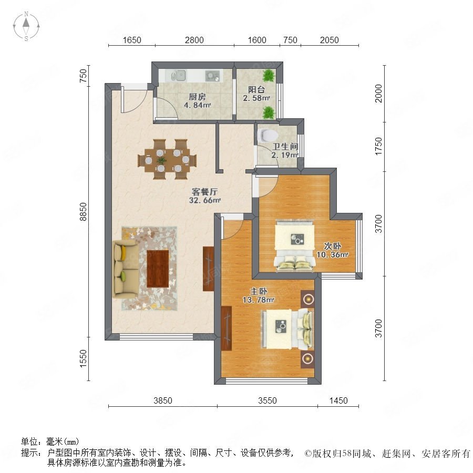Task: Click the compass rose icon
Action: (x=26, y=26)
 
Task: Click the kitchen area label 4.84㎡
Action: (x=197, y=105)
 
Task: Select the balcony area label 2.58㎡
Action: (x=256, y=98)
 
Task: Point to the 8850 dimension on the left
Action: (x=83, y=212)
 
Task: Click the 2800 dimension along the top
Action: (x=194, y=40)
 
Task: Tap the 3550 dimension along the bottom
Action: (x=268, y=400)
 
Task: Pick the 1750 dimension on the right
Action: (x=378, y=147)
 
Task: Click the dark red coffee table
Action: (x=158, y=269)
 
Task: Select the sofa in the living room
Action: (x=126, y=269)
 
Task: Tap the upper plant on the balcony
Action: (x=269, y=76)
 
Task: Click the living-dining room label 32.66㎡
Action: (x=205, y=200)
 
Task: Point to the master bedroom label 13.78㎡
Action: (x=258, y=300)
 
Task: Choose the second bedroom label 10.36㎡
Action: (x=332, y=254)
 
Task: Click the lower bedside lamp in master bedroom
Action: (x=307, y=358)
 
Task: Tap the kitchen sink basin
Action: (x=181, y=75)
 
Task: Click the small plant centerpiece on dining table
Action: (x=162, y=160)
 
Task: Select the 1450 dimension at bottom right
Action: (x=338, y=400)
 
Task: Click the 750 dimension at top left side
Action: (x=83, y=76)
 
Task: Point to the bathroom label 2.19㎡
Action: (x=285, y=155)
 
